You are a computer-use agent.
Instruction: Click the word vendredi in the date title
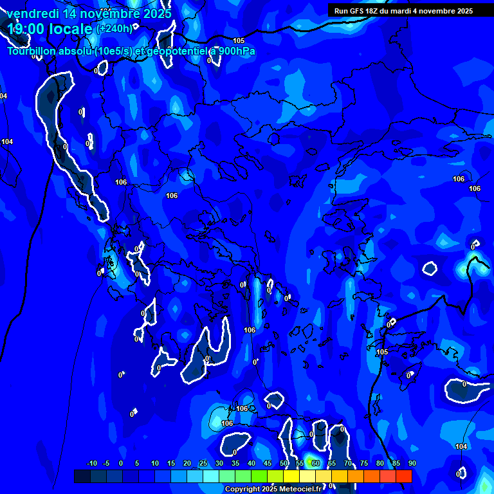tap(32, 14)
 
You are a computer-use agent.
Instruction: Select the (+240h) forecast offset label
tap(114, 28)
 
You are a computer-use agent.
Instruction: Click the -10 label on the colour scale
tap(91, 463)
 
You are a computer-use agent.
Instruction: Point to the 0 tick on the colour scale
tap(121, 463)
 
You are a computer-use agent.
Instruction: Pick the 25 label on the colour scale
tap(203, 463)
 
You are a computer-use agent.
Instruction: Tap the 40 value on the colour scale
tap(252, 463)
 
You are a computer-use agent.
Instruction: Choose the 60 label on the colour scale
tap(316, 463)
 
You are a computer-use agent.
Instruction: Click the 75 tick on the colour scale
tap(364, 463)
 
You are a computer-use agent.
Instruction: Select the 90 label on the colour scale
tap(412, 463)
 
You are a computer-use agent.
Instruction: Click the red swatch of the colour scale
tap(403, 476)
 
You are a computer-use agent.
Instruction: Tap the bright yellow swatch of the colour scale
tap(291, 476)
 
